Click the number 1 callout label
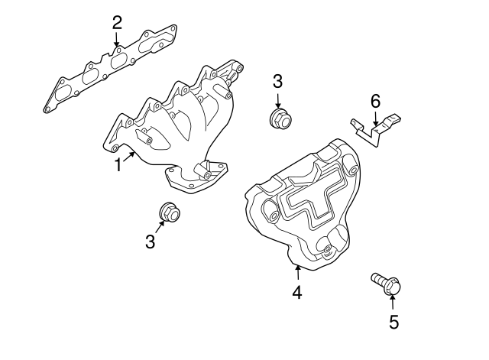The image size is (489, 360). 118,165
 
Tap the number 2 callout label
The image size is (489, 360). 117,22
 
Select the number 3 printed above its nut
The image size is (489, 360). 277,81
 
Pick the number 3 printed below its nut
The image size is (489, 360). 150,242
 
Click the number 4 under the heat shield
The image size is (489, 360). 296,291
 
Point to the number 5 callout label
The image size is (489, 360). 393,322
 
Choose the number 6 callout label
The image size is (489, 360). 375,101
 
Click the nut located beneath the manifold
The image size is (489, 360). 169,212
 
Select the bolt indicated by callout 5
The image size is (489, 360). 387,284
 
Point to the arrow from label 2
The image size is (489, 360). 117,41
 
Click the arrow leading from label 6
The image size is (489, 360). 375,118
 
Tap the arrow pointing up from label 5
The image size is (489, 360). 393,303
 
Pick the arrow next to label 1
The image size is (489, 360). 130,157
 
